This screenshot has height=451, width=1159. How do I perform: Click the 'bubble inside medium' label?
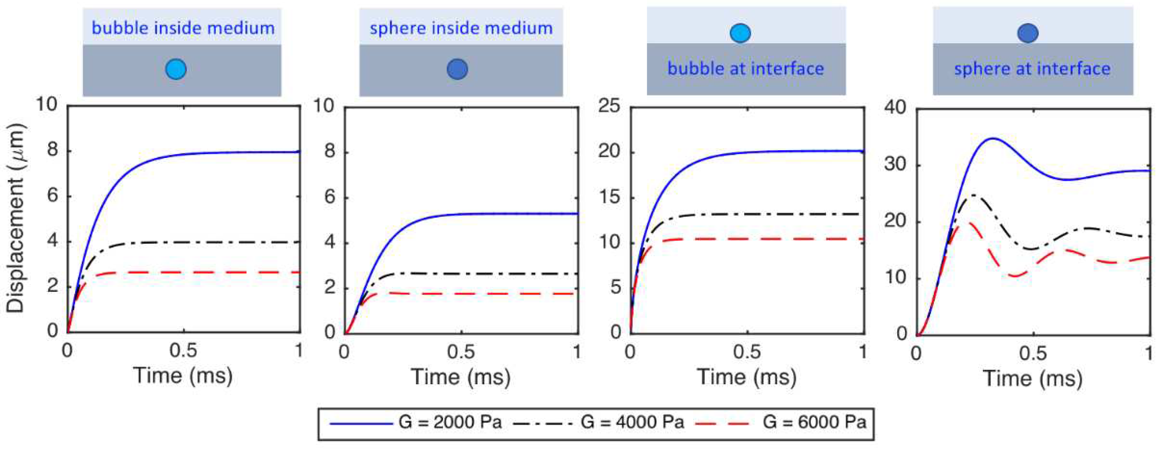183,28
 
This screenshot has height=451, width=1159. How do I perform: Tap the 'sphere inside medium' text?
461,28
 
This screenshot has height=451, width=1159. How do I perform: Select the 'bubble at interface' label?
745,68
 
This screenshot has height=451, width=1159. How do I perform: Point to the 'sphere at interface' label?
1032,68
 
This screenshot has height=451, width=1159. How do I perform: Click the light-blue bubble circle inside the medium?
176,69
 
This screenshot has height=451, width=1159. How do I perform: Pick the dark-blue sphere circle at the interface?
1028,33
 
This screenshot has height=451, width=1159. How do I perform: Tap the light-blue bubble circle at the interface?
740,33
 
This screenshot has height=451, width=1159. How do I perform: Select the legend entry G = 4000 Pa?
632,422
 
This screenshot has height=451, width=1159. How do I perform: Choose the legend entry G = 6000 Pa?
814,422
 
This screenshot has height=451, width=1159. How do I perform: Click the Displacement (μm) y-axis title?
15,218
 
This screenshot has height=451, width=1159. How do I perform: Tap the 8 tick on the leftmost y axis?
52,150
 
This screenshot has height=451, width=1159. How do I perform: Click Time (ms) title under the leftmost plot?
183,376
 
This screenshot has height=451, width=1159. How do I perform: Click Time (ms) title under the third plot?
747,377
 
